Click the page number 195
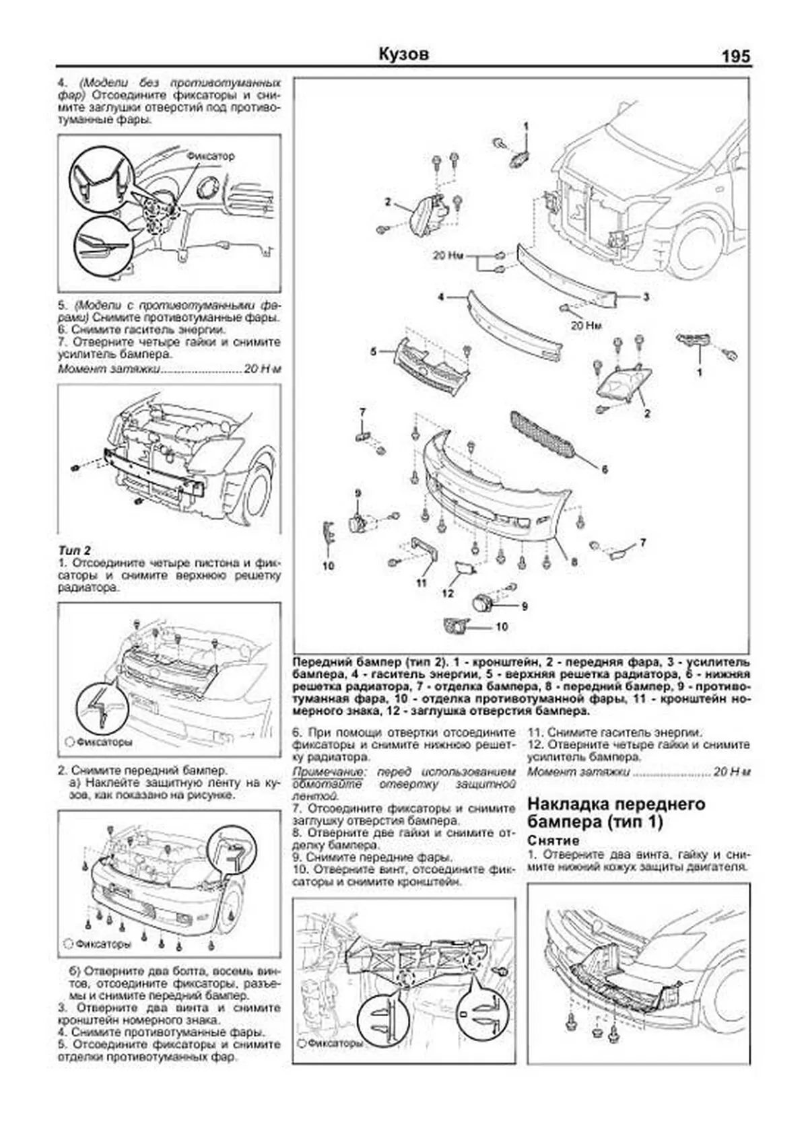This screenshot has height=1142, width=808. pos(735,57)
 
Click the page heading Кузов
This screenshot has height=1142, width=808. pos(403,54)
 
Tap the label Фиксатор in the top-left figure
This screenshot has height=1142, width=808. pos(211,156)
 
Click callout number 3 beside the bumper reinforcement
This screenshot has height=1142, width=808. pos(646,297)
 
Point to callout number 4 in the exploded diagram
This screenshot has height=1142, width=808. pos(440,297)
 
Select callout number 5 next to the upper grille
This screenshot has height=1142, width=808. pos(373,351)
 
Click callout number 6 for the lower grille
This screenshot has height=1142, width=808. pos(604,470)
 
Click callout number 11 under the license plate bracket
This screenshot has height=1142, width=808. pos(422,583)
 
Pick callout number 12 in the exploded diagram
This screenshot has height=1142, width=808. pos(448,594)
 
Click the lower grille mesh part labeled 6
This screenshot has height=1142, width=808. pos(542,434)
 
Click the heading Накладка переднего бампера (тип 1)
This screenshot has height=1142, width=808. pos(616,813)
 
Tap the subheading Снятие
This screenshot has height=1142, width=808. pos(553,841)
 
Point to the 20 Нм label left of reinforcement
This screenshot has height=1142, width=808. pos(448,256)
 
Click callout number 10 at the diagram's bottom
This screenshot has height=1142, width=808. pos(501,627)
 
